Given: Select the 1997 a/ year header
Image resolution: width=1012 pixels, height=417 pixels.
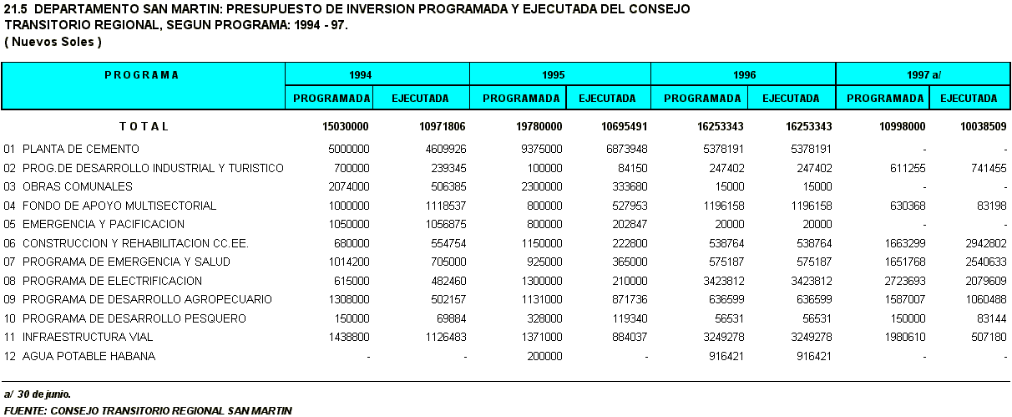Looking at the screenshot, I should point(924,74).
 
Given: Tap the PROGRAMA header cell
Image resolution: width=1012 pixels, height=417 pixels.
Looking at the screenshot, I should point(142,74).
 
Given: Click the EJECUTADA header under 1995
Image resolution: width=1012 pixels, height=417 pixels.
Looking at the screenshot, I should point(607,99).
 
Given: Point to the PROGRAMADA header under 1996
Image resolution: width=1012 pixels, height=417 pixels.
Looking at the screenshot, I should point(702,99).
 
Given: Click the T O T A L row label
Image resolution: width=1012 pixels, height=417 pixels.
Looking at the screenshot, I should point(144,126).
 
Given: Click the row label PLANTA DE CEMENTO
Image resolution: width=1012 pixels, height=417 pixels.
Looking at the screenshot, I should point(81,149).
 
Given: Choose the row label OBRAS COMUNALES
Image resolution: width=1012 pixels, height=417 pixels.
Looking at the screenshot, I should point(78,186).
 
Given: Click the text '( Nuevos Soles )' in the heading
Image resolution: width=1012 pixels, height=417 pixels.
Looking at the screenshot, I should point(53,41).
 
